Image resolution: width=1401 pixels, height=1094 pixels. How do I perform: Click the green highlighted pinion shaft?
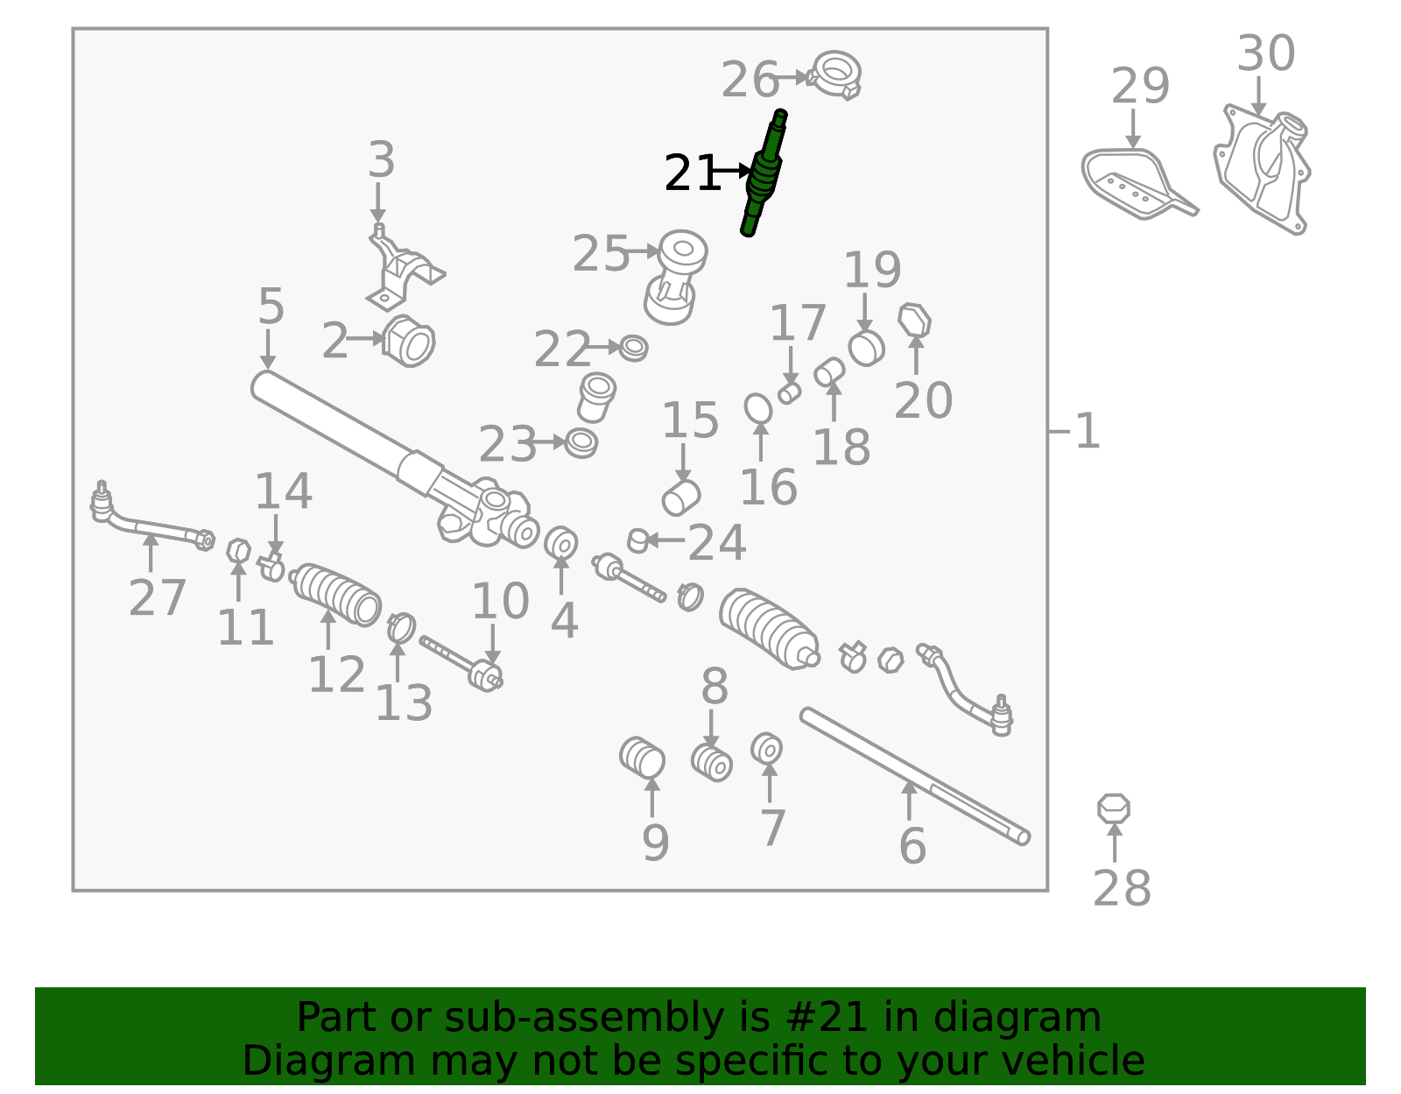pyautogui.click(x=764, y=173)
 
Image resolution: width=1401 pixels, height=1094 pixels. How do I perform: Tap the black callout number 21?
pyautogui.click(x=691, y=173)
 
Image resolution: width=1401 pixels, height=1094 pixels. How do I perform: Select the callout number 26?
pyautogui.click(x=750, y=80)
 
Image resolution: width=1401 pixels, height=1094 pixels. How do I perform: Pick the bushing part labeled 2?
pyautogui.click(x=409, y=341)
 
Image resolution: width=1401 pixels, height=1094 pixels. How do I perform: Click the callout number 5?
pyautogui.click(x=271, y=306)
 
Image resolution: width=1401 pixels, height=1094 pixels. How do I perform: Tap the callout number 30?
pyautogui.click(x=1265, y=53)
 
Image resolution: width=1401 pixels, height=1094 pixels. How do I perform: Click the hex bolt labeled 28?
pyautogui.click(x=1114, y=808)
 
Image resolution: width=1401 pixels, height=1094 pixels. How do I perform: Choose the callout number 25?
pyautogui.click(x=601, y=253)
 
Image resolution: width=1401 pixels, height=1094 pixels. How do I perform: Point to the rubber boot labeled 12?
pyautogui.click(x=336, y=595)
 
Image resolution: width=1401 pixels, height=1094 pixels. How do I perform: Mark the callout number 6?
pyautogui.click(x=912, y=846)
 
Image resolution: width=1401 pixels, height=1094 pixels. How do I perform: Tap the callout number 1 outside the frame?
pyautogui.click(x=1088, y=431)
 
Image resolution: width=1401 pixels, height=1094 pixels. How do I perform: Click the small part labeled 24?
pyautogui.click(x=638, y=541)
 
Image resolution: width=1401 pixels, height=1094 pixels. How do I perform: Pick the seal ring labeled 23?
pyautogui.click(x=581, y=443)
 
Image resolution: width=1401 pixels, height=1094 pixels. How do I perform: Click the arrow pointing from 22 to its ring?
pyautogui.click(x=603, y=348)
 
